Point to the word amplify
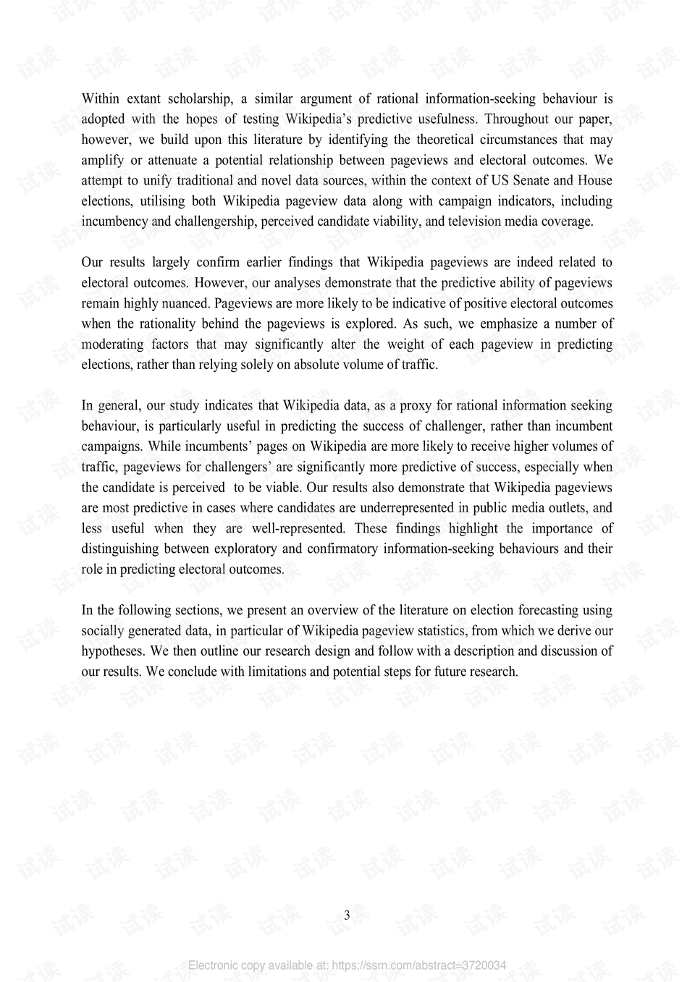102,160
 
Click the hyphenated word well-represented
298,528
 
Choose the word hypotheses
112,651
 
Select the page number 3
347,915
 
